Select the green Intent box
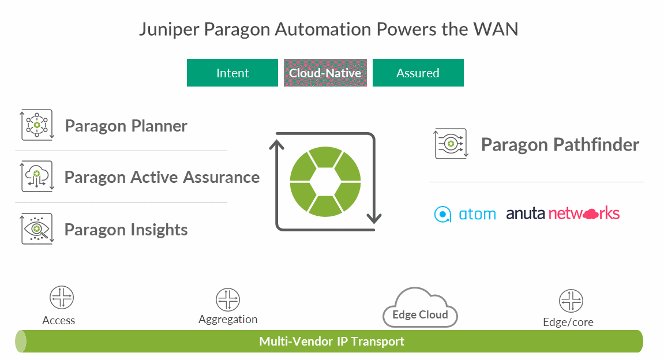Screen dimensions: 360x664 [232, 73]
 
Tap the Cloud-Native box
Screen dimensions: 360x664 [325, 73]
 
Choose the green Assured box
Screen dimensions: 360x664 [418, 73]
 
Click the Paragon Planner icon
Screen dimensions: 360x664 [37, 125]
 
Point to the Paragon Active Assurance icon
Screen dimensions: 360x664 [37, 176]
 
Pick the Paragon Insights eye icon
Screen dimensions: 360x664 [37, 229]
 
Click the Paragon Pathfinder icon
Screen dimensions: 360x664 [450, 144]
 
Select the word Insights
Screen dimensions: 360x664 [158, 230]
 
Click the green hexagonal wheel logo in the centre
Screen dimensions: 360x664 [325, 182]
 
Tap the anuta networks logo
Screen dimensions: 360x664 [562, 214]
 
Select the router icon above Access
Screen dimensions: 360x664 [62, 298]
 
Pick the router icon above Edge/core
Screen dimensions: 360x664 [571, 301]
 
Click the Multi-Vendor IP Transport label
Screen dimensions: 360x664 [332, 341]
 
